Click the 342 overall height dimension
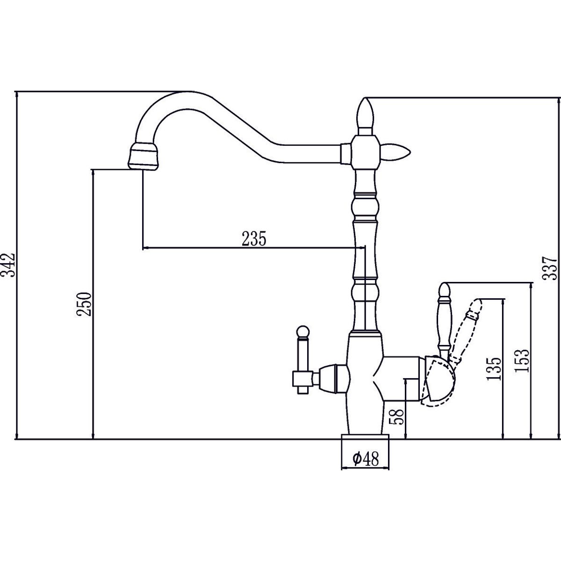(7, 265)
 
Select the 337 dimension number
(550, 268)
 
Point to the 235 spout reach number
(254, 238)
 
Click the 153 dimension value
(521, 361)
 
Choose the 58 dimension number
(398, 417)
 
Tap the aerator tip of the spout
(144, 156)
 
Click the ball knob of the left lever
(303, 331)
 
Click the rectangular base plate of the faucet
(365, 438)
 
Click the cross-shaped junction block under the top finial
(366, 152)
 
